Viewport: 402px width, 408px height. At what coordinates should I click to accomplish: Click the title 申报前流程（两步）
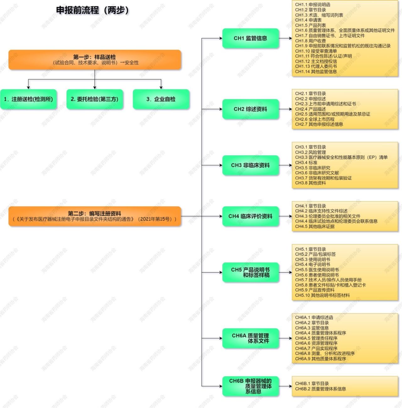click(92, 10)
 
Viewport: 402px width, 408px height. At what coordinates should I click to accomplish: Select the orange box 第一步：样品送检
click(95, 60)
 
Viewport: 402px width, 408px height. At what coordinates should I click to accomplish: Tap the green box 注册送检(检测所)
click(29, 99)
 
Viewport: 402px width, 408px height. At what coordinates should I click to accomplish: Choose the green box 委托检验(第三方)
click(95, 99)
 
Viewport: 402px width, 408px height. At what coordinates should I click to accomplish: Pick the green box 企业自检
click(161, 99)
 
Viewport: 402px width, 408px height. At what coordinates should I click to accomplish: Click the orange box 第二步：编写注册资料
click(95, 216)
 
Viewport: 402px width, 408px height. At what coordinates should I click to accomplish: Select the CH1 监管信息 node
click(250, 38)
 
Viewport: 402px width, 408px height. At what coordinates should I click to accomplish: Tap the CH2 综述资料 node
click(250, 109)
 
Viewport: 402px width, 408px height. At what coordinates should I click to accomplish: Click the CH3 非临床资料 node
click(250, 165)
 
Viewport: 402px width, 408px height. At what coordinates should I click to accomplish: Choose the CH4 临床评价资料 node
click(250, 216)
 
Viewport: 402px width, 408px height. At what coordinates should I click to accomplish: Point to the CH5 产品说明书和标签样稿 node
click(250, 272)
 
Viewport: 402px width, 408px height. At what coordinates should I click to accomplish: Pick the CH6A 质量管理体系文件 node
click(250, 338)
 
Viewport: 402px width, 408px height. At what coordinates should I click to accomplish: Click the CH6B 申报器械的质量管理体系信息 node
click(250, 386)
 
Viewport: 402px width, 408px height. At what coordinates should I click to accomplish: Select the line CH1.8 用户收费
click(310, 41)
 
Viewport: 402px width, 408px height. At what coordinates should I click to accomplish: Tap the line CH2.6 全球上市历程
click(315, 119)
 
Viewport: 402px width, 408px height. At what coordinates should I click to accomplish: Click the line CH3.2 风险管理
click(310, 152)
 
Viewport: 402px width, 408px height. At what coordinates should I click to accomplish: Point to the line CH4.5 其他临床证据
click(315, 226)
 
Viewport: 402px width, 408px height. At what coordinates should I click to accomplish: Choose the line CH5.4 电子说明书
click(312, 264)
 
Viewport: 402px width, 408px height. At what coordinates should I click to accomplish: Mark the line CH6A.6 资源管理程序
click(316, 343)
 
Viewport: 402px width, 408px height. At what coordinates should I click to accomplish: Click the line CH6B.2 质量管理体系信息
click(320, 389)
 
